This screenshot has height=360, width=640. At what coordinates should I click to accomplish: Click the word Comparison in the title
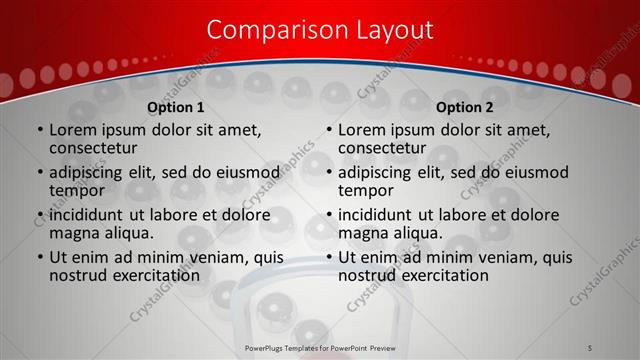click(x=274, y=30)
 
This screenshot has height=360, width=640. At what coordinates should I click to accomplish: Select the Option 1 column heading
click(x=176, y=107)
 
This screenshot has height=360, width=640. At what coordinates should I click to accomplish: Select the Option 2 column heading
click(x=465, y=107)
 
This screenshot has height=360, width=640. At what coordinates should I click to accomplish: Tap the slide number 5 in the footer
click(x=591, y=347)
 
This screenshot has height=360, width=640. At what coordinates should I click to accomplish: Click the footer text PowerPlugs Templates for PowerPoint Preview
click(x=319, y=347)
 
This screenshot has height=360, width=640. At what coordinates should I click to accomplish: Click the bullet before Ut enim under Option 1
click(x=39, y=258)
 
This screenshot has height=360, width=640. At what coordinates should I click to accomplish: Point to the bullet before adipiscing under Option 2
click(x=328, y=173)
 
